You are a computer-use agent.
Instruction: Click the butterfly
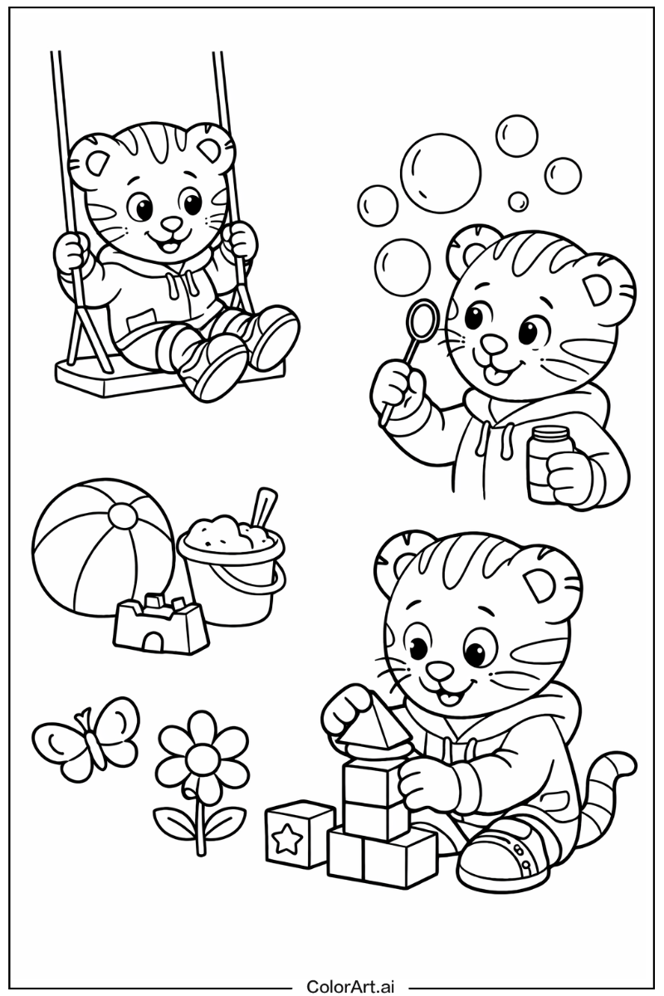click(87, 739)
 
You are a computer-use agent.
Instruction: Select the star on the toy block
click(286, 839)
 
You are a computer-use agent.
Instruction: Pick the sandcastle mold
click(160, 622)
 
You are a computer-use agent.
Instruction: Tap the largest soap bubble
click(440, 174)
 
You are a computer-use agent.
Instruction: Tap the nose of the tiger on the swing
click(171, 223)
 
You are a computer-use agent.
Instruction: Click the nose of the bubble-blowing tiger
click(491, 342)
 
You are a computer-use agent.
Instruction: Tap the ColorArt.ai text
click(350, 986)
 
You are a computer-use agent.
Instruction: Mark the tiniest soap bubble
click(518, 202)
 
